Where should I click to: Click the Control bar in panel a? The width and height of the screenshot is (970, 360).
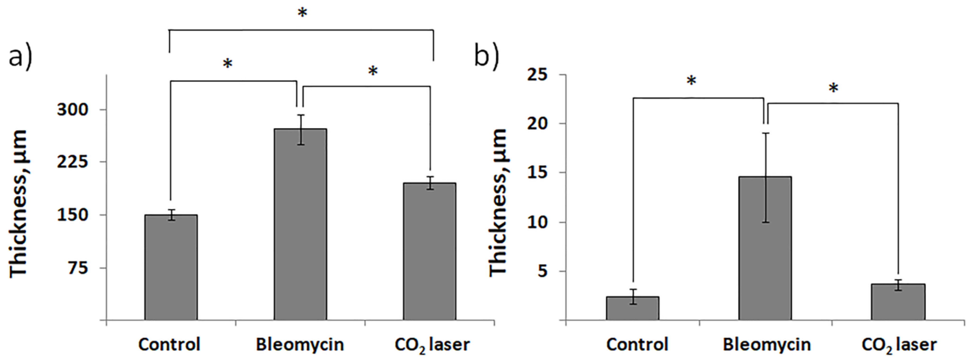(x=171, y=267)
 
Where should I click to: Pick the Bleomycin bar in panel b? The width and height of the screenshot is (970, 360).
(x=765, y=249)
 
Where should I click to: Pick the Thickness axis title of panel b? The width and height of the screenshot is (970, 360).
(x=499, y=203)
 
